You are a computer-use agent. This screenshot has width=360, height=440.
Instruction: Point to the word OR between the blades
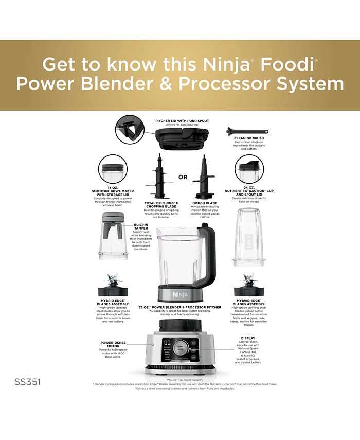[183, 177]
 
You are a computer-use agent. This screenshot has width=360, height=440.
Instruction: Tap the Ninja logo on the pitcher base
[183, 294]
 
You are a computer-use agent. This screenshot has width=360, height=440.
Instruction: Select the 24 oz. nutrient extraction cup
[248, 237]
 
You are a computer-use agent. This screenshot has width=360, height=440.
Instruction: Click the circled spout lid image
[249, 169]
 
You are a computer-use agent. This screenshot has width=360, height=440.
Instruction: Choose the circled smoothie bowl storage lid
[112, 169]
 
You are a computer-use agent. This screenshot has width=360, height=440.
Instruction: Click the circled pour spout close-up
[130, 129]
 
